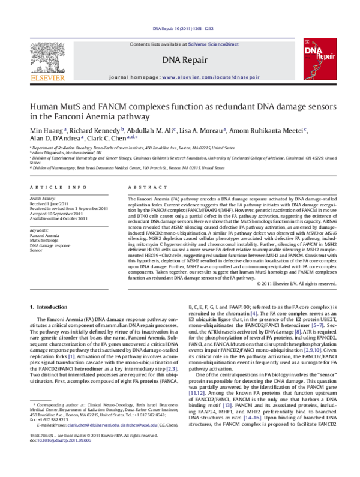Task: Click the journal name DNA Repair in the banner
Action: (x=180, y=59)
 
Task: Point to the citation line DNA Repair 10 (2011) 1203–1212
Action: (x=180, y=28)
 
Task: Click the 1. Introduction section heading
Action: (x=49, y=307)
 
